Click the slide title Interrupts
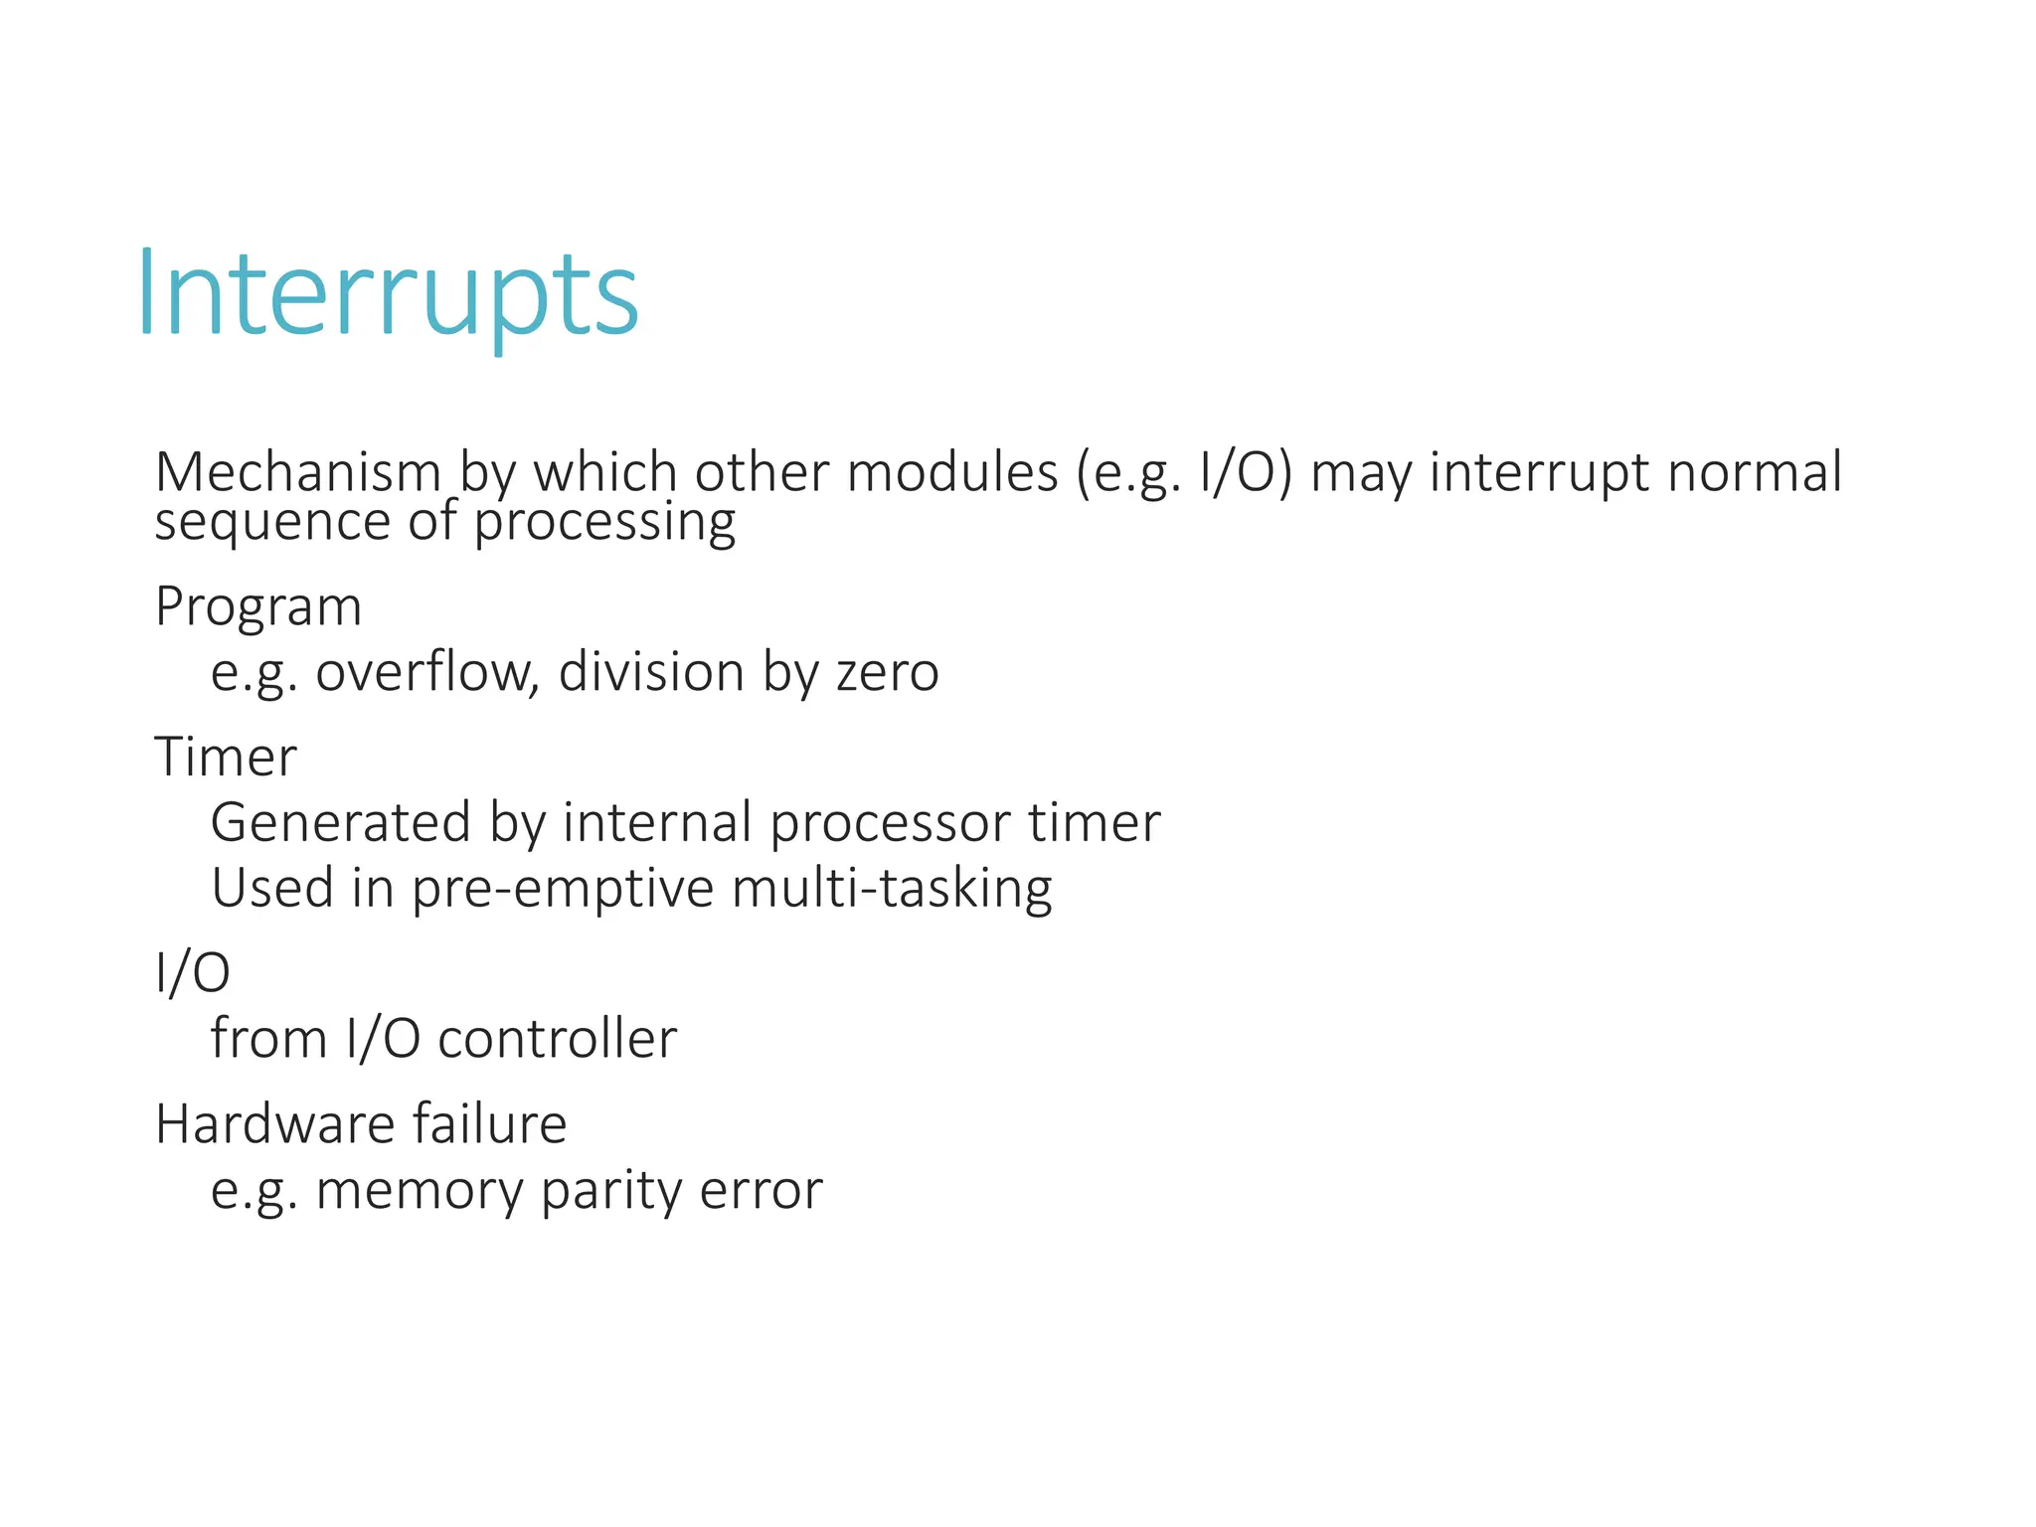click(x=388, y=294)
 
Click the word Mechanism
click(x=297, y=472)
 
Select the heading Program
click(x=258, y=607)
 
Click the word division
click(x=651, y=672)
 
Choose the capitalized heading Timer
click(x=226, y=757)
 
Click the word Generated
click(x=340, y=823)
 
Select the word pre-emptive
click(x=563, y=889)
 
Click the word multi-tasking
click(x=892, y=889)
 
